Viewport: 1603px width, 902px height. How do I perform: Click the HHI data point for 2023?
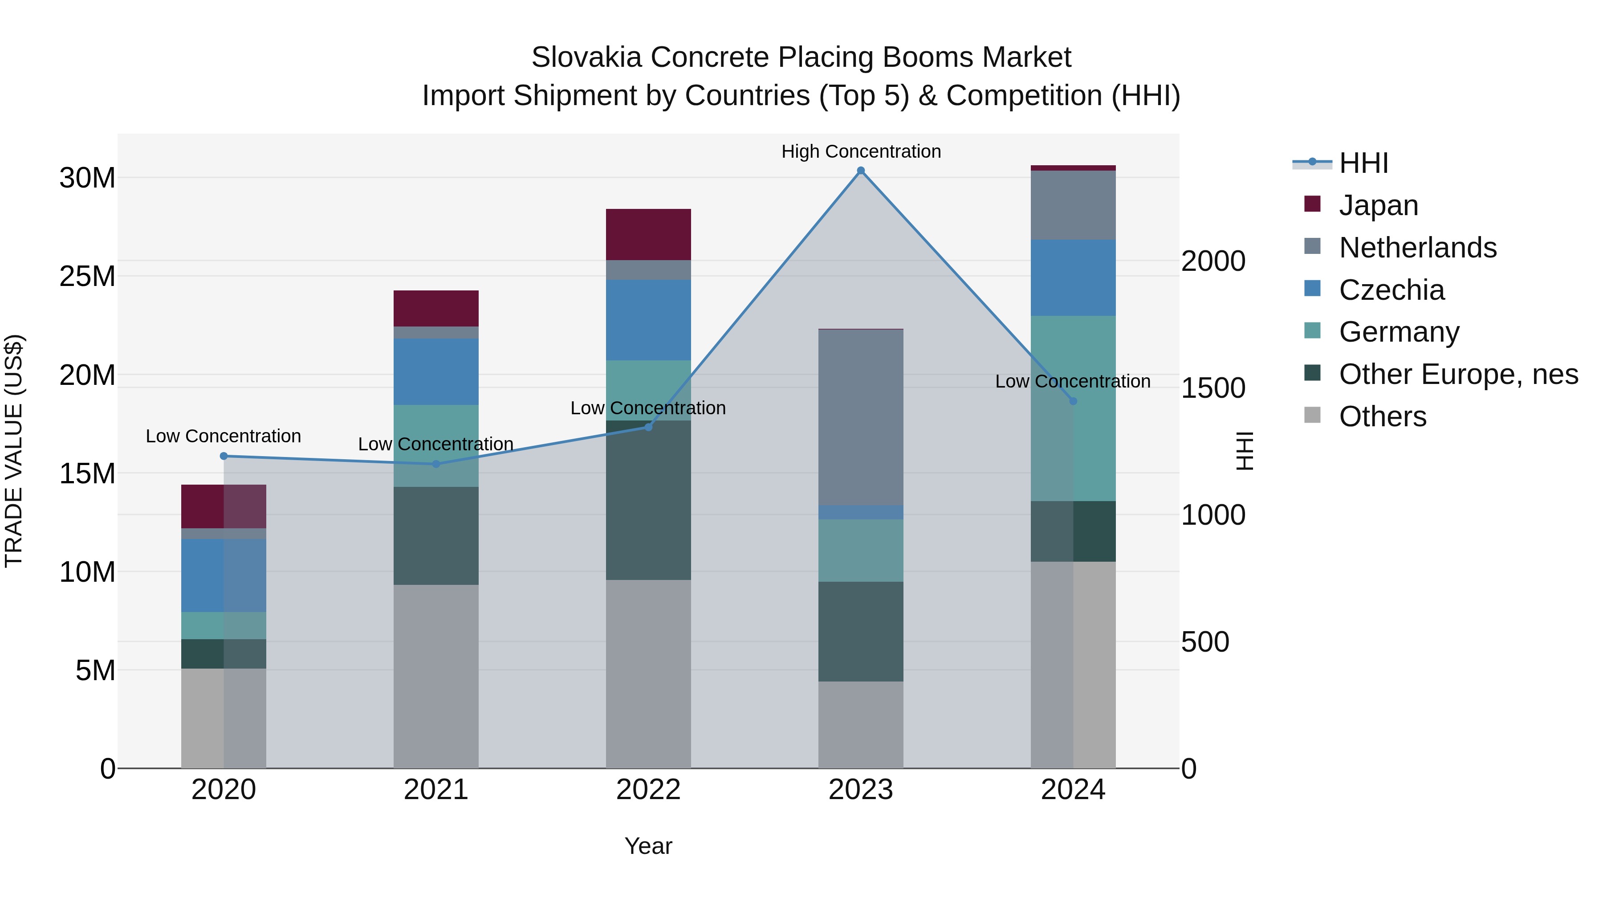click(x=861, y=171)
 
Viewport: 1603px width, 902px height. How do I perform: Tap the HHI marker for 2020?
click(x=224, y=456)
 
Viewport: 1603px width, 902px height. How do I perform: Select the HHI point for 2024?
click(x=1073, y=401)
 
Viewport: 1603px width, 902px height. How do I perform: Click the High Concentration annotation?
click(x=861, y=151)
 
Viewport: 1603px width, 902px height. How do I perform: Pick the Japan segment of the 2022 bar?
click(x=648, y=235)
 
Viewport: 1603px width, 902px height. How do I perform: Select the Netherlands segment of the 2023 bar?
click(x=861, y=417)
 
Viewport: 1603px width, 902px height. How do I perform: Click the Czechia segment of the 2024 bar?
click(x=1073, y=278)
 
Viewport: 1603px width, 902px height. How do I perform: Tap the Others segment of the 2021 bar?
click(x=435, y=676)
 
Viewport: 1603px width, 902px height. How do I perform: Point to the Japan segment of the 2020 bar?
click(x=224, y=506)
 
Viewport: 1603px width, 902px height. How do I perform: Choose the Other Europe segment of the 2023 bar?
click(x=861, y=631)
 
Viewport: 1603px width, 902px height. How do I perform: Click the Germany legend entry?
click(x=1399, y=332)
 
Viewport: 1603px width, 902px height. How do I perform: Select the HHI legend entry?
click(x=1363, y=163)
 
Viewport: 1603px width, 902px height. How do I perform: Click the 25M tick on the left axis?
click(x=87, y=276)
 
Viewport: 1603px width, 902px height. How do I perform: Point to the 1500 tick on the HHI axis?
click(x=1213, y=388)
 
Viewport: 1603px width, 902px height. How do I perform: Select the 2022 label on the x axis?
click(x=648, y=790)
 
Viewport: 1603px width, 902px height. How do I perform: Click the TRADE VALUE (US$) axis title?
click(x=14, y=451)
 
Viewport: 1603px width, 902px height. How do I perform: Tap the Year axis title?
click(x=648, y=846)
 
